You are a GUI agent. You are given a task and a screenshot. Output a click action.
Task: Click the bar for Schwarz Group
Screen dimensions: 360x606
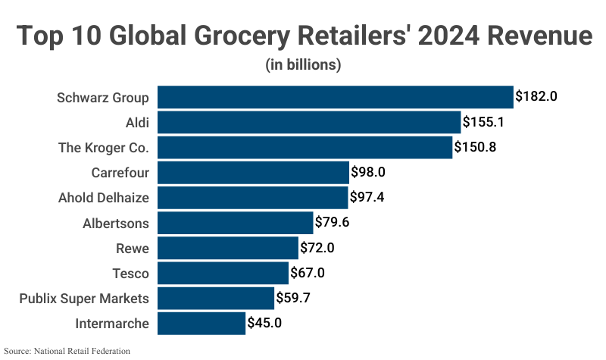(x=336, y=97)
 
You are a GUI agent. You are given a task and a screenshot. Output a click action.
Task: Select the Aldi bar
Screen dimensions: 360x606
(x=309, y=122)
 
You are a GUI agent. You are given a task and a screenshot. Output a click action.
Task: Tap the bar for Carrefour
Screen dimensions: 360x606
(x=253, y=173)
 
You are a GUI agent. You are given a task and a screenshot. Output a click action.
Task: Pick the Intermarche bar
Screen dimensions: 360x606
(x=201, y=324)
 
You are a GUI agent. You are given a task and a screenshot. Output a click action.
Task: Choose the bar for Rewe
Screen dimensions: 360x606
(x=228, y=248)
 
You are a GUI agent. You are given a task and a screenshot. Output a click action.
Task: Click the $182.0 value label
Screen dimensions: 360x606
(x=536, y=97)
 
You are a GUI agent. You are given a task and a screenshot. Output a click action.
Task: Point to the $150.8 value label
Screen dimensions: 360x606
(x=475, y=147)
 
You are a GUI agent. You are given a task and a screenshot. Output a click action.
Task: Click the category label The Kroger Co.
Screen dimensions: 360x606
(x=104, y=147)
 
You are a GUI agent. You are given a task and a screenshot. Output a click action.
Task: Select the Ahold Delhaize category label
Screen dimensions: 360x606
(x=104, y=198)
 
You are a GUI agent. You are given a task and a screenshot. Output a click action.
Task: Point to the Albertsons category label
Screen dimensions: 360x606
(x=116, y=223)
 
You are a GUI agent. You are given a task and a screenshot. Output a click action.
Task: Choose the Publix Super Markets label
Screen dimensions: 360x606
(x=84, y=299)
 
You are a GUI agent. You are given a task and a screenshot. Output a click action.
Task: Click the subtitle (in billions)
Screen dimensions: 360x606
(x=303, y=65)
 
